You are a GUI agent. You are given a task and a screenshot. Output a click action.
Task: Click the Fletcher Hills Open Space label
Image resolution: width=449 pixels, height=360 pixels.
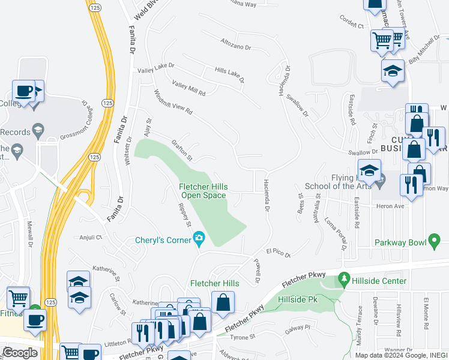[202, 191]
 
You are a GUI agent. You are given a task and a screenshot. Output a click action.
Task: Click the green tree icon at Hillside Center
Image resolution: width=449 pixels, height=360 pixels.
[344, 279]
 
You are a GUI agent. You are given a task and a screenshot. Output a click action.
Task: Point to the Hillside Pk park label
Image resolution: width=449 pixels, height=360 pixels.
[298, 298]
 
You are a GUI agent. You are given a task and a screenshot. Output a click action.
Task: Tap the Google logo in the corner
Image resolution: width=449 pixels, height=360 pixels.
[19, 353]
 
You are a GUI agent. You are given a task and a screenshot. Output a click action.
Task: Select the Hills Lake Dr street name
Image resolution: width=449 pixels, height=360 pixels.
[230, 75]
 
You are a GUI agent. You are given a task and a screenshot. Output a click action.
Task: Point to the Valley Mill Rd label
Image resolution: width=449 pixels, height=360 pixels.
[188, 89]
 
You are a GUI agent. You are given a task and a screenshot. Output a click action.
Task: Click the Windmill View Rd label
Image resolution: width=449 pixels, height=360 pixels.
[173, 103]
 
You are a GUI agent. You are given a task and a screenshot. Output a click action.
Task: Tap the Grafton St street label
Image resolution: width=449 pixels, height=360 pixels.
[181, 151]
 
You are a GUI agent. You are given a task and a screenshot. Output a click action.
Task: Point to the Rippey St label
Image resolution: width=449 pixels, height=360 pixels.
[184, 215]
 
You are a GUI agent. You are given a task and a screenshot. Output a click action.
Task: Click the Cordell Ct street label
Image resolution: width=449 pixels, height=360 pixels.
[352, 23]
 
